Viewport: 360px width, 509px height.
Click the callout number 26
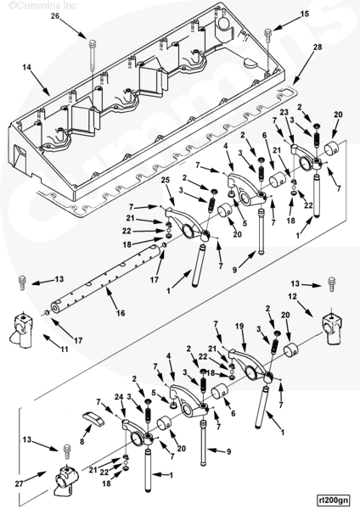click(55, 15)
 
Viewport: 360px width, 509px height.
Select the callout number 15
click(305, 14)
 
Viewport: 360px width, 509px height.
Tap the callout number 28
click(318, 47)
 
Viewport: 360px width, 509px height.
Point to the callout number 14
click(26, 67)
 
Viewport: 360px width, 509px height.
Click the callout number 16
click(121, 313)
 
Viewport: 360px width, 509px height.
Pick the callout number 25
click(166, 180)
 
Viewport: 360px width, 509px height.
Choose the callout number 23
click(284, 112)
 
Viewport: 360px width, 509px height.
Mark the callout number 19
click(239, 327)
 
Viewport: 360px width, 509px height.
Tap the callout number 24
click(119, 396)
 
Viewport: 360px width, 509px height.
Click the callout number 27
click(20, 484)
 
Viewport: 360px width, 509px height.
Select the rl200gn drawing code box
click(333, 500)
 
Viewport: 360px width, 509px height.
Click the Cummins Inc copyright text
click(42, 5)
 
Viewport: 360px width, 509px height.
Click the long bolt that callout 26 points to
click(93, 56)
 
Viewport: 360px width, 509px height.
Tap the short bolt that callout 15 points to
click(267, 35)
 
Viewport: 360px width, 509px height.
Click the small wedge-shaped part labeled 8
click(93, 418)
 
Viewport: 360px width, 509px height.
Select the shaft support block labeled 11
click(20, 329)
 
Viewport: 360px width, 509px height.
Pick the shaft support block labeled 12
click(331, 329)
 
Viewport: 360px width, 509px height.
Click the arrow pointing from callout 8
click(87, 432)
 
